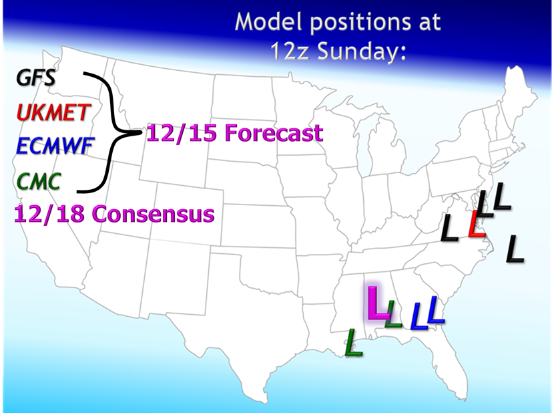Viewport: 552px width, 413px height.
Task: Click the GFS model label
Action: pyautogui.click(x=35, y=78)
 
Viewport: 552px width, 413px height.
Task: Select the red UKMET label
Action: pyautogui.click(x=53, y=112)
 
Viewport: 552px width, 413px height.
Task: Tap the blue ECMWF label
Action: pyautogui.click(x=55, y=146)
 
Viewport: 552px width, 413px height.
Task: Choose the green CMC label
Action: pyautogui.click(x=38, y=182)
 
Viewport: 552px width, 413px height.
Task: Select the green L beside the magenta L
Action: pyautogui.click(x=393, y=313)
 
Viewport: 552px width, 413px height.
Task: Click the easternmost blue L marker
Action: pyautogui.click(x=436, y=310)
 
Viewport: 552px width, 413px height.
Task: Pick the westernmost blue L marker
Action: pyautogui.click(x=419, y=316)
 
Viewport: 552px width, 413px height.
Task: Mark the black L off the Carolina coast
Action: pyautogui.click(x=515, y=249)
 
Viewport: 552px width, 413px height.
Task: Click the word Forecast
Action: pyautogui.click(x=274, y=133)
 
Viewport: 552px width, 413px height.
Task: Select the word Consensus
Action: pyautogui.click(x=154, y=214)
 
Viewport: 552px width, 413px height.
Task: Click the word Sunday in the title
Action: pyautogui.click(x=362, y=51)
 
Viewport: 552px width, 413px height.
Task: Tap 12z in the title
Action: pyautogui.click(x=290, y=51)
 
